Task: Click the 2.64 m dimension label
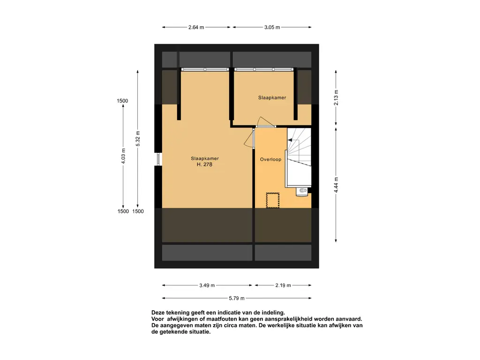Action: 196,27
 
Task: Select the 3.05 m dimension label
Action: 272,27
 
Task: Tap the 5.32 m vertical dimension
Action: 138,139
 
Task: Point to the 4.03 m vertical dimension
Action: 123,156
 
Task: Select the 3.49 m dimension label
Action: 207,285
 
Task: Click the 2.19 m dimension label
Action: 283,285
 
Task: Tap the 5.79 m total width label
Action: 237,298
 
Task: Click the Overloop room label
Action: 270,159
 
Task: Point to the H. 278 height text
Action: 204,165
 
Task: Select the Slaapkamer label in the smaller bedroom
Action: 272,97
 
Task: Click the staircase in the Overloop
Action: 299,157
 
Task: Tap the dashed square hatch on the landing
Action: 272,200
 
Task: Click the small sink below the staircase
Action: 302,191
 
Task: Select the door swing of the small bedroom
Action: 265,121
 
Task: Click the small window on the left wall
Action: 158,159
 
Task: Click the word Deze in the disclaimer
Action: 158,313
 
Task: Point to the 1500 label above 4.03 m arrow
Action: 122,101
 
